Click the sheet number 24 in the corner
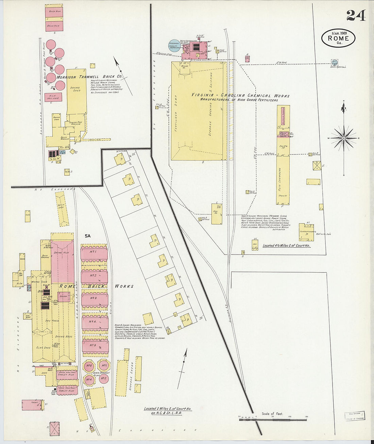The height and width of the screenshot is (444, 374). [x=356, y=16]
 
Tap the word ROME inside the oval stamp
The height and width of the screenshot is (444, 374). [x=338, y=38]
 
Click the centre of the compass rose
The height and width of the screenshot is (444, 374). [x=344, y=138]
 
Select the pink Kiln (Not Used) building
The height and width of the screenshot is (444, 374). [x=53, y=97]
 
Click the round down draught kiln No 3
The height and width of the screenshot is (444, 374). [x=89, y=366]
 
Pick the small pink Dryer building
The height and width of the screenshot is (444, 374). [x=64, y=297]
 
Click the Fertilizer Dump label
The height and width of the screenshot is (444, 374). [x=176, y=112]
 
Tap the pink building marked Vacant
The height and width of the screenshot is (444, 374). [x=32, y=405]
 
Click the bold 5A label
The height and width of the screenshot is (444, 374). [x=88, y=235]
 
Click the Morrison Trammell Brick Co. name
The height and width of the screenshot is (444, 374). [x=89, y=77]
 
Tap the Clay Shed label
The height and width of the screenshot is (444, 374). [x=43, y=347]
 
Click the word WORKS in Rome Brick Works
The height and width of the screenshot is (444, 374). [x=124, y=286]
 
